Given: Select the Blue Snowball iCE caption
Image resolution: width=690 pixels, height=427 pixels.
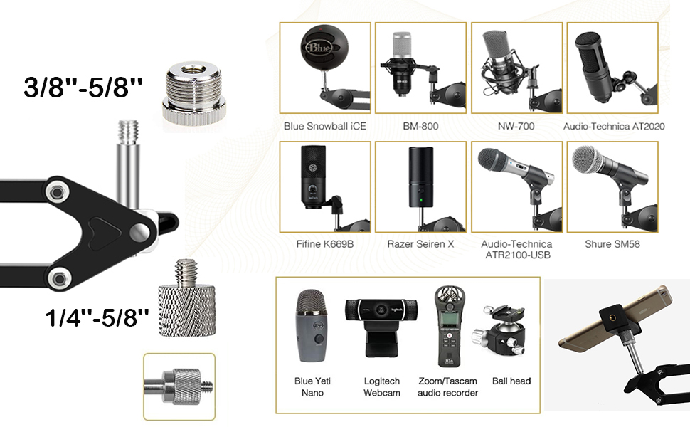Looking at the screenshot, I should tap(324, 127).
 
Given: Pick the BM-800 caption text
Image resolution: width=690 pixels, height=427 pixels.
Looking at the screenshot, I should tap(420, 127).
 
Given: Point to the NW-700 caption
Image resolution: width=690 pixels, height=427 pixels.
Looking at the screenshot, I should tap(516, 127).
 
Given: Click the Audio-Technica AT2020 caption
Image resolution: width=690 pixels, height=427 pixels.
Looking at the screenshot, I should tap(614, 127).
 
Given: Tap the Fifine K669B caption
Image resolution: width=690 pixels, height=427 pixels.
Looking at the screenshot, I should tap(324, 244).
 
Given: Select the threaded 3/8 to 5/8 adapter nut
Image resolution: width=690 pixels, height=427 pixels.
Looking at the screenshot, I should tap(187, 93).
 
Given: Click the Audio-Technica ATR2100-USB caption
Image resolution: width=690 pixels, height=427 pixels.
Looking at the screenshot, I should tap(516, 249).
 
